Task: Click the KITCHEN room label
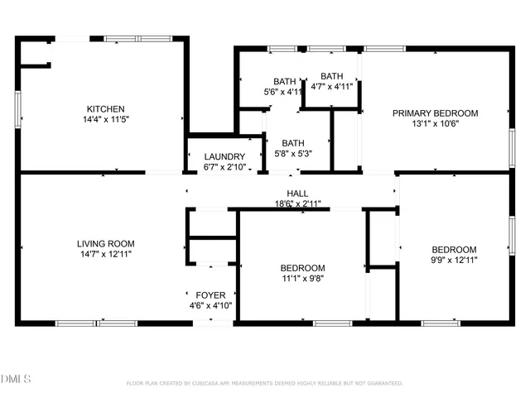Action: point(106,108)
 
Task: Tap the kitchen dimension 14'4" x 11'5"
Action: point(106,119)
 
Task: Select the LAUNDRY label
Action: point(224,156)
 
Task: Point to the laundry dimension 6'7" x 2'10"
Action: point(224,166)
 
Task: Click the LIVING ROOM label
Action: point(105,243)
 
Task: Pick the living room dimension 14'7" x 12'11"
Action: point(105,254)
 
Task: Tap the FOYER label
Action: point(210,295)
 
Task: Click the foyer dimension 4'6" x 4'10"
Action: point(210,305)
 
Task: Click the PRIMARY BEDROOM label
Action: point(435,113)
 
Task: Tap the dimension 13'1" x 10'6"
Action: point(435,124)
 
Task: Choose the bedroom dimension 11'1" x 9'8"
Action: point(302,279)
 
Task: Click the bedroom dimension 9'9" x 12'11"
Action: point(454,260)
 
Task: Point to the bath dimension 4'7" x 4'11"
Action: point(331,86)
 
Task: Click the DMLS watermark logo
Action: point(16,379)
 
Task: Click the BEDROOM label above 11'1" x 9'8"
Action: point(302,268)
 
